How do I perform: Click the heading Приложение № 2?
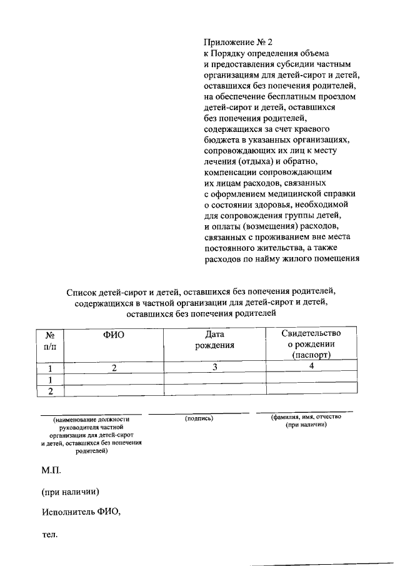coord(239,43)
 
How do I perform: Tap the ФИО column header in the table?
coord(114,335)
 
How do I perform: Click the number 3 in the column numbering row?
coord(214,368)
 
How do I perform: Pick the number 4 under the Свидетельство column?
coord(311,366)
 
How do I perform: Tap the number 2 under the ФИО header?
coord(114,368)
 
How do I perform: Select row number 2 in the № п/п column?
coord(51,391)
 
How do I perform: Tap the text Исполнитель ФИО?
coord(81,512)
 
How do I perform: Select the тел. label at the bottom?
coord(50,535)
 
